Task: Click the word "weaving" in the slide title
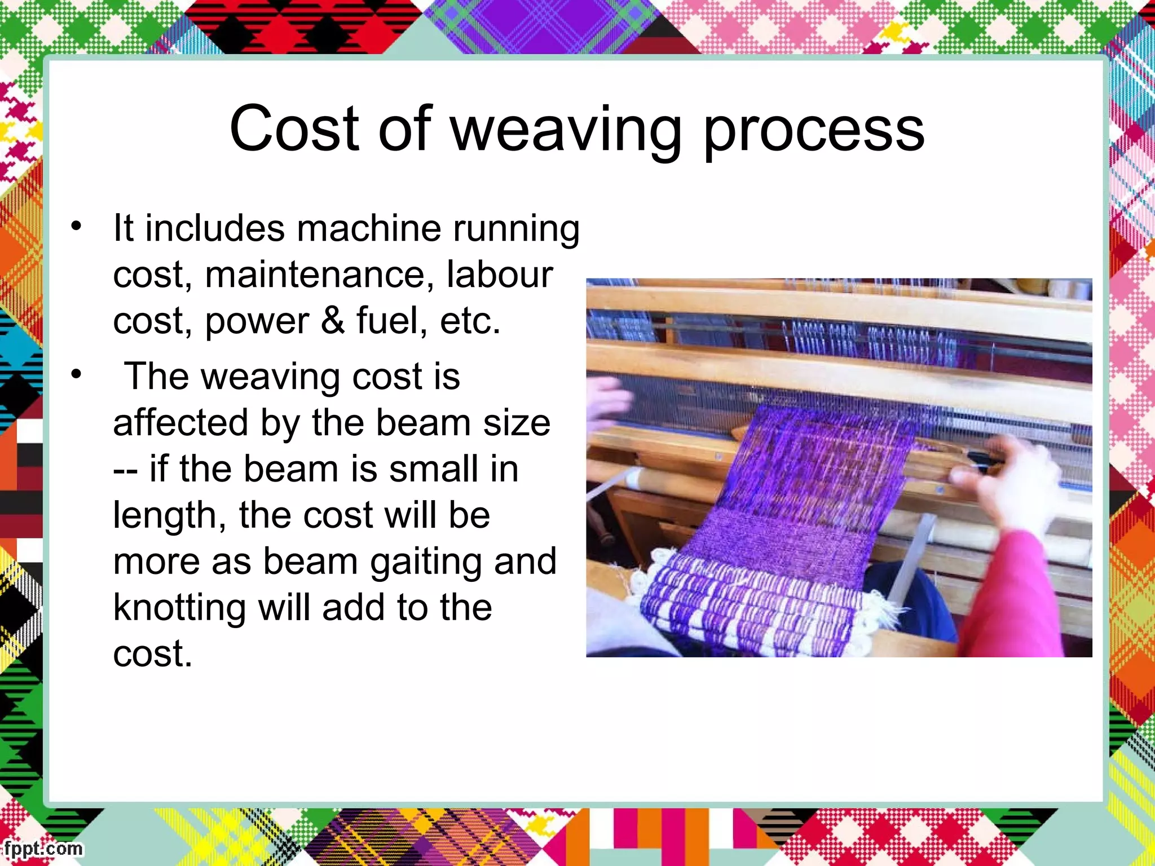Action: tap(566, 130)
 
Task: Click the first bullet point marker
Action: tap(76, 226)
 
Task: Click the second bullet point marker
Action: tap(76, 374)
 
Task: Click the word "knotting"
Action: tap(179, 609)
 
